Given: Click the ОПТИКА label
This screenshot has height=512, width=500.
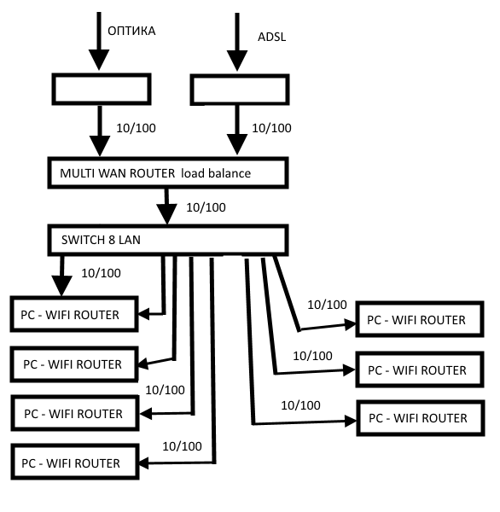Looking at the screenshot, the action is [x=131, y=31].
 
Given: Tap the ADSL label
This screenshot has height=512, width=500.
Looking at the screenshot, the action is [x=271, y=37].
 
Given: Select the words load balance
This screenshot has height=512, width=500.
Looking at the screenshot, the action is [x=216, y=173].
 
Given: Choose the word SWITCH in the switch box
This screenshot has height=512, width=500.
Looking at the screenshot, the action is [x=83, y=240].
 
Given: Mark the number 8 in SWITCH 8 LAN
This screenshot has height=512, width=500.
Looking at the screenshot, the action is [x=112, y=240].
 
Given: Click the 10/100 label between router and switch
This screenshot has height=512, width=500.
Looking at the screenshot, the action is [x=206, y=207].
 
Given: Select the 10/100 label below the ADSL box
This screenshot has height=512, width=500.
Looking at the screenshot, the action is [x=271, y=128].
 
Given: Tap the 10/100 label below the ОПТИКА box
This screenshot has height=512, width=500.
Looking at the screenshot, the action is [x=136, y=128].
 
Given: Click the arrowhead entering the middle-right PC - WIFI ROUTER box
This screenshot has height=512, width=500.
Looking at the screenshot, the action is [x=349, y=370].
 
